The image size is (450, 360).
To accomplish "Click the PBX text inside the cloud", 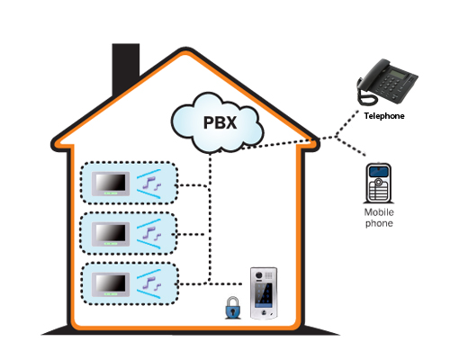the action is coord(220,122).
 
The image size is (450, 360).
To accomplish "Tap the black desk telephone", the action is coord(387,82).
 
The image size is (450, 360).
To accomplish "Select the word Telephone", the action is coord(384,116).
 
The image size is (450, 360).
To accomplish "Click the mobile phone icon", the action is coord(379,184).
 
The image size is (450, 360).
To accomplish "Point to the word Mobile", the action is coord(379,212).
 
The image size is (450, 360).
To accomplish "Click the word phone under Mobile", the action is coord(379,223).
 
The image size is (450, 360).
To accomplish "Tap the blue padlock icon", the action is coord(233,308).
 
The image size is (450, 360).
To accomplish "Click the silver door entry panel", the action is coord(264,293).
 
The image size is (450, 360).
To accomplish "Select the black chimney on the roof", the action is coord(126,69).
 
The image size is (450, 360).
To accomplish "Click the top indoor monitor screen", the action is coord(111,184).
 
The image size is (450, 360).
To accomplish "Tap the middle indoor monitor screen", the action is coord(111,234).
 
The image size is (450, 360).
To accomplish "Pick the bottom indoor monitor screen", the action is coord(111,284).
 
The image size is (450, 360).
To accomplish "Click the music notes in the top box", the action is coord(152,184).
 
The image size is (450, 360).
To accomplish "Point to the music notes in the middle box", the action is coord(152,234).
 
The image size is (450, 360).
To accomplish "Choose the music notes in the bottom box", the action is coord(152,283).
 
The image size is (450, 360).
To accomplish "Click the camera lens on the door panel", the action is coord(258,275).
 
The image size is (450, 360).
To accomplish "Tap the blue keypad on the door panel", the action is coord(264,293).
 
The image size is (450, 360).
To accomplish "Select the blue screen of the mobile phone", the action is coord(379,172).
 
